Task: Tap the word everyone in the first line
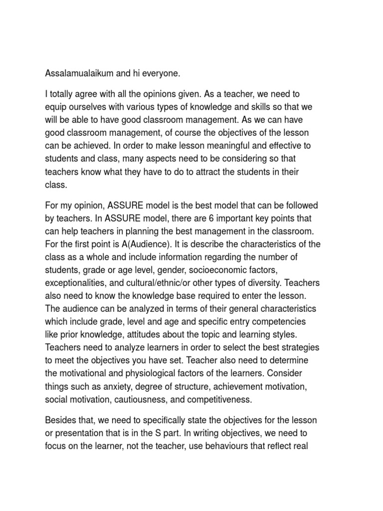(x=160, y=74)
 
